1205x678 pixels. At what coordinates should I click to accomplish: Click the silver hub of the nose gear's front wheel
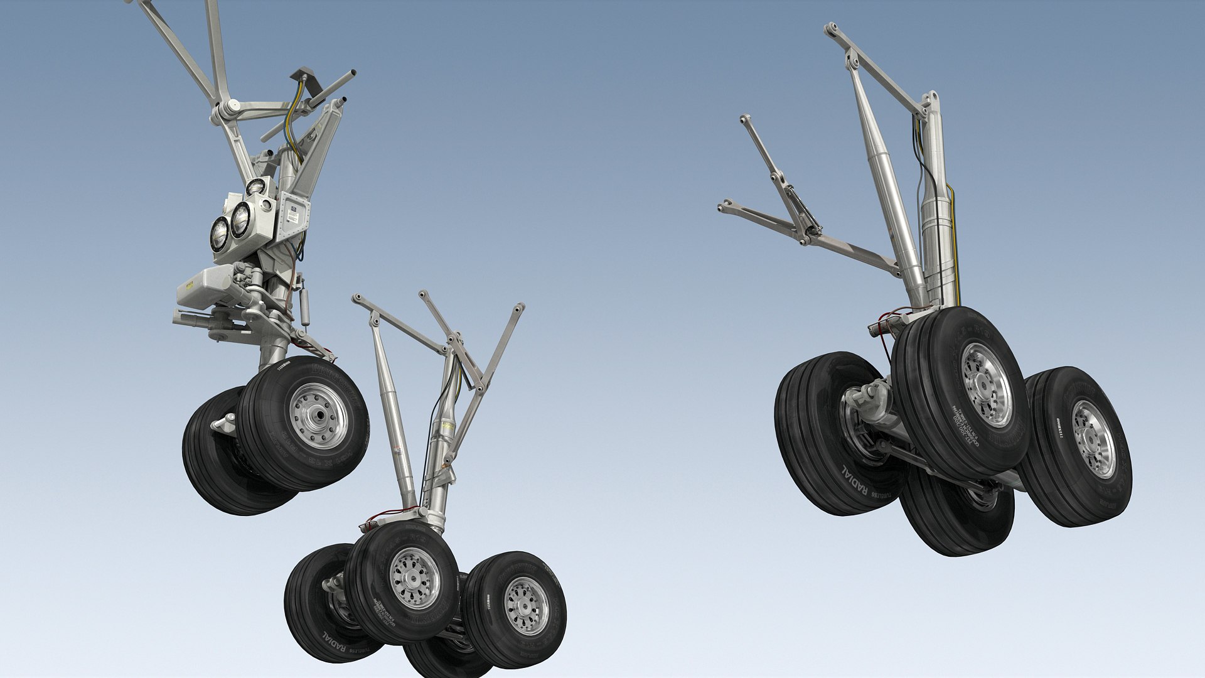point(318,416)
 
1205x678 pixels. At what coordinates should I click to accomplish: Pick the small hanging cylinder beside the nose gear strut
point(305,306)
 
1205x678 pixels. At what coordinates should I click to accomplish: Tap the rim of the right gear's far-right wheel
point(1093,439)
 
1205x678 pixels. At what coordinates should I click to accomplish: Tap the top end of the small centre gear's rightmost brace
point(519,308)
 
